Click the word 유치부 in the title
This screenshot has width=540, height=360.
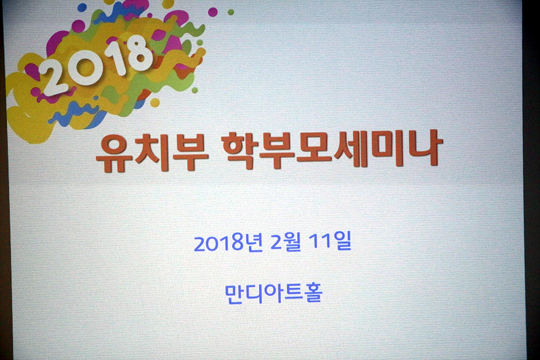pos(152,152)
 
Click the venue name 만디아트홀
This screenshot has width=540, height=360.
pos(273,294)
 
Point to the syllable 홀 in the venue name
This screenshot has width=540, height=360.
pos(313,293)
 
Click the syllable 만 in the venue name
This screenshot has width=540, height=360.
pos(234,294)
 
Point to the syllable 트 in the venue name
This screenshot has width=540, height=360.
pos(293,294)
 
